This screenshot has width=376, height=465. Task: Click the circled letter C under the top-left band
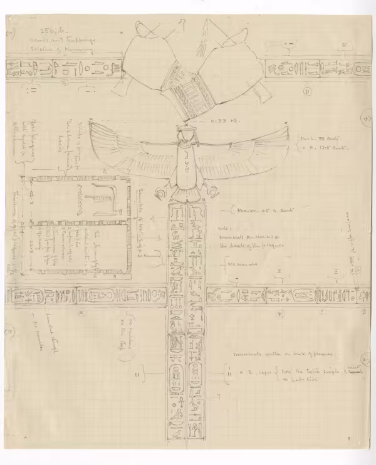point(64,81)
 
